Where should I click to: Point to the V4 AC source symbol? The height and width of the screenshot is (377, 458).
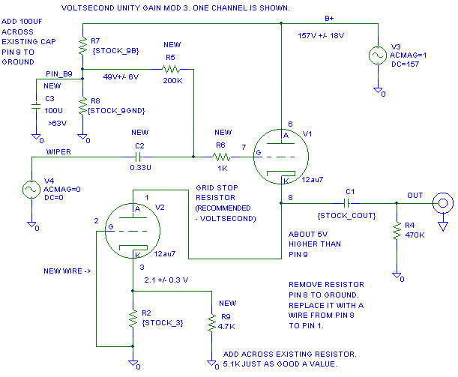click(x=31, y=190)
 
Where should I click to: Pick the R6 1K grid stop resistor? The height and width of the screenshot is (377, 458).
click(x=220, y=157)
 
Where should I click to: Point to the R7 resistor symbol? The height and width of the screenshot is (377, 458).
click(x=81, y=46)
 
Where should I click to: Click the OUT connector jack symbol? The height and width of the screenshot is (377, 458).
click(x=442, y=202)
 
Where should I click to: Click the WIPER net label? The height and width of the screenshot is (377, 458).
click(x=58, y=151)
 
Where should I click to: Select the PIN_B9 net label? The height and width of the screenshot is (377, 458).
click(x=58, y=73)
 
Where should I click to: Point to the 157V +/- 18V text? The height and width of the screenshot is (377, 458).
click(x=321, y=35)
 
